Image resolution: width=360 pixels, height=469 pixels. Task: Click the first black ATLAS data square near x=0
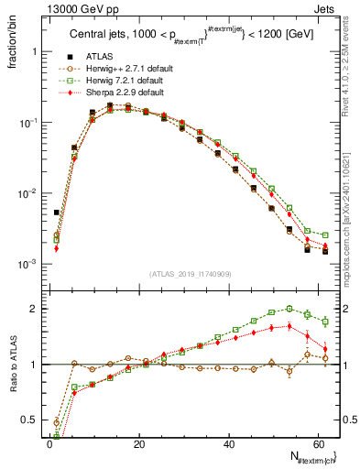[x=56, y=213]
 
